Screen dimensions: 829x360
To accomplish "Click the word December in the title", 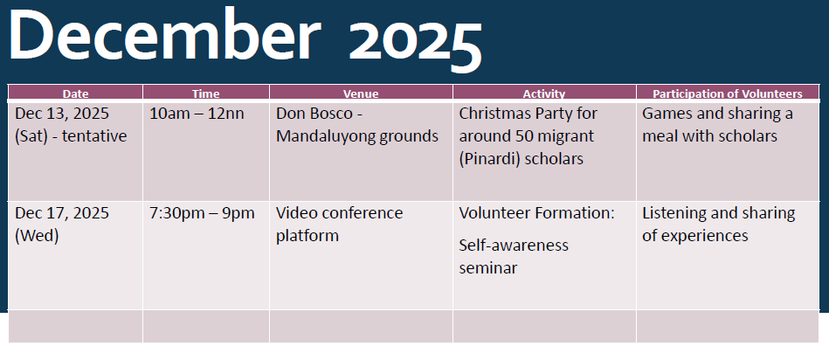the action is [x=165, y=35].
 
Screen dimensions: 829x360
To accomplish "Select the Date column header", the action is [x=76, y=93].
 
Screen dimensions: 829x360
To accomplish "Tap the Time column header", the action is [x=205, y=93].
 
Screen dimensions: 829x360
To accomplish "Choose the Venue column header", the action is [x=361, y=93].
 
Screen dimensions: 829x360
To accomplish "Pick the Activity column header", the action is [x=544, y=93].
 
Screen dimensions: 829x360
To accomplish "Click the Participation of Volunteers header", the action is [x=728, y=93].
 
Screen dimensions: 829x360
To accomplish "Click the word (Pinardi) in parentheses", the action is [x=489, y=159].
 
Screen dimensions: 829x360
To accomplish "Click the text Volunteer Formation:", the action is [x=536, y=213].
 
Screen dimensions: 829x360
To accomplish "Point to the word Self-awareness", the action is [x=514, y=246].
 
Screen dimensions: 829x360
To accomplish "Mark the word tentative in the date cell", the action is [x=94, y=136].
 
